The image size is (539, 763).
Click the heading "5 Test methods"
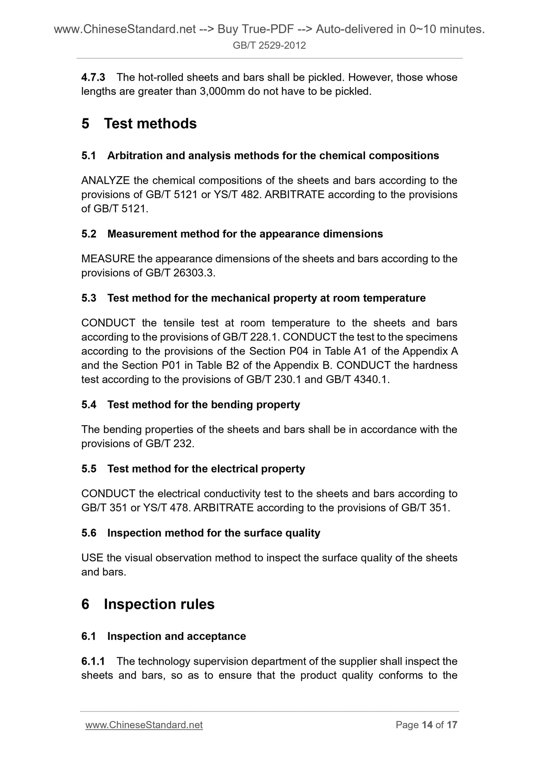click(139, 124)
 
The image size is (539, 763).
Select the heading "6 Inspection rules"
click(148, 604)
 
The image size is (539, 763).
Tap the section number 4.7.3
click(93, 78)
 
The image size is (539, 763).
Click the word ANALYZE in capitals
click(106, 181)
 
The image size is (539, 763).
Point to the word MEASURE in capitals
click(108, 259)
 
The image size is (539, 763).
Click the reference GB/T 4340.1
click(357, 380)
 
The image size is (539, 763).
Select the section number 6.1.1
click(93, 661)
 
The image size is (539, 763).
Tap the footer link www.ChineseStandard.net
click(144, 725)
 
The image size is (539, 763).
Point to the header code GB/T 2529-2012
click(269, 46)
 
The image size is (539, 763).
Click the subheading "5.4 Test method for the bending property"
click(191, 405)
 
